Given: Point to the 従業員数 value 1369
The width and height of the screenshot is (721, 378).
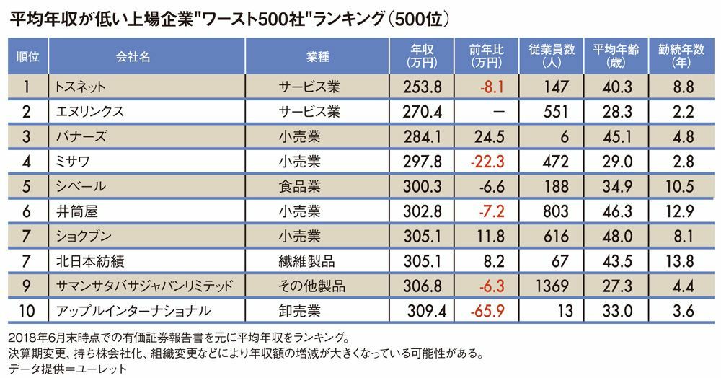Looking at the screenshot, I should (x=552, y=286).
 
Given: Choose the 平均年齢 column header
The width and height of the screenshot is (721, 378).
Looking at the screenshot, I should (x=614, y=56).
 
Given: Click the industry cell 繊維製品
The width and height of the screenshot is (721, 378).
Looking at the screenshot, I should (x=308, y=261).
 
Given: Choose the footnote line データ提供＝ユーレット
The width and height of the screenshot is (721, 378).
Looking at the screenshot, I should (x=55, y=368).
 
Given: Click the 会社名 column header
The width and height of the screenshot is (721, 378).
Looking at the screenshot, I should (x=133, y=56).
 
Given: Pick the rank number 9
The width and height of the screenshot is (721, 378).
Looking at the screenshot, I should (x=26, y=286).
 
